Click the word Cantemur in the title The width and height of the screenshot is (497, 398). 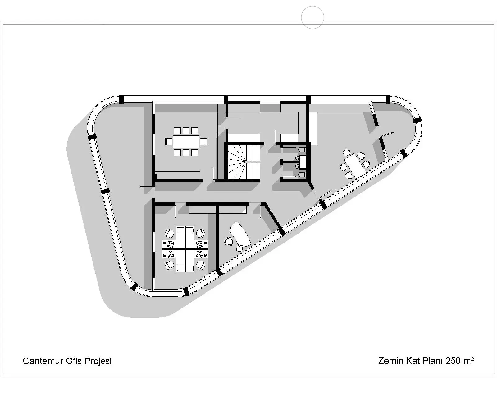[43, 361]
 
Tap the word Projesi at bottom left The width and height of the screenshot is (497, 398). [98, 361]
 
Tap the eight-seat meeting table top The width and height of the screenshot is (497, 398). [186, 141]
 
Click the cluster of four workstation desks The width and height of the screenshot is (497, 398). [185, 249]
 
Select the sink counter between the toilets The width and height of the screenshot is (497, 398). [303, 162]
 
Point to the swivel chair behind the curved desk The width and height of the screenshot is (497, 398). [228, 241]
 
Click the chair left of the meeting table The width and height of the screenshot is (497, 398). [169, 141]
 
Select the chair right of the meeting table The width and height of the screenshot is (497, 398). [203, 141]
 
